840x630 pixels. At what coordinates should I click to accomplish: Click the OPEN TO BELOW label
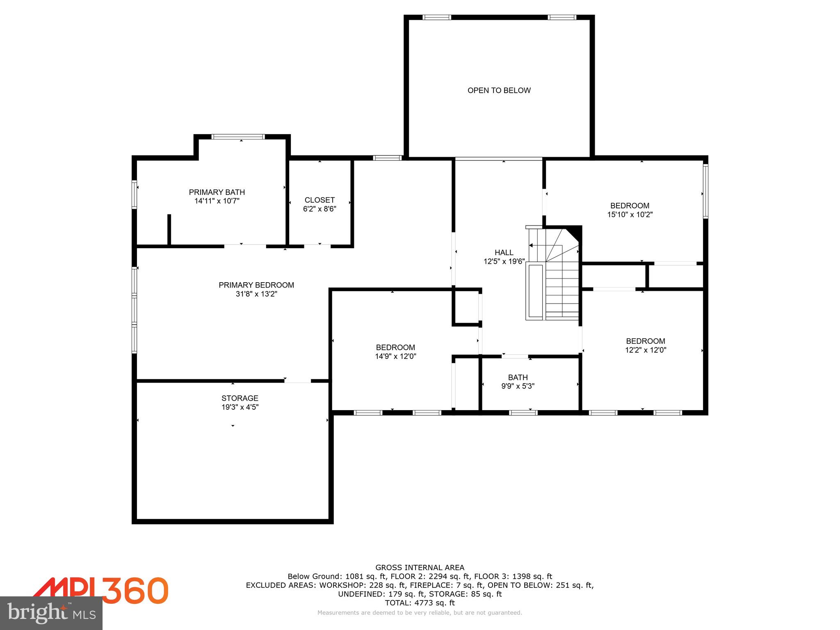[499, 90]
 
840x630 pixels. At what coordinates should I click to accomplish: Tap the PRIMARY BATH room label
[217, 192]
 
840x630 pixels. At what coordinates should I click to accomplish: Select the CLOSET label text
[320, 200]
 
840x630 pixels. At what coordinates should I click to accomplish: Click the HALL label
[504, 252]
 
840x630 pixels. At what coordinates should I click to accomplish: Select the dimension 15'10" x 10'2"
[630, 214]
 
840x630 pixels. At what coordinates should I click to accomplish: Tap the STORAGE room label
[240, 398]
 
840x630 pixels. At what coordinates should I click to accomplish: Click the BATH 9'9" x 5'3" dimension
[518, 386]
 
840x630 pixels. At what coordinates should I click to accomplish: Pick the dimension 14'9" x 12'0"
[395, 356]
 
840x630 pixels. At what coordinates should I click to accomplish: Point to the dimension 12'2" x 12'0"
[646, 350]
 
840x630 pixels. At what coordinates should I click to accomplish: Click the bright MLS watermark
[51, 613]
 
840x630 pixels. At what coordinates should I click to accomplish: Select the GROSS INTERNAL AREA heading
[420, 568]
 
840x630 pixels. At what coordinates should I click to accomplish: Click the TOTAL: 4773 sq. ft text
[420, 603]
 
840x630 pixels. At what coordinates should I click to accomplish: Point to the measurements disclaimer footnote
[420, 613]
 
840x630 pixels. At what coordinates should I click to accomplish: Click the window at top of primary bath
[238, 137]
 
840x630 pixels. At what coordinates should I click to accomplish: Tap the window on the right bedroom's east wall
[705, 191]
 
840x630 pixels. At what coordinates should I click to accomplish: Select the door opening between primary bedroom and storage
[297, 381]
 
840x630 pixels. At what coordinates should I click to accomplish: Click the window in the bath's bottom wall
[523, 413]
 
